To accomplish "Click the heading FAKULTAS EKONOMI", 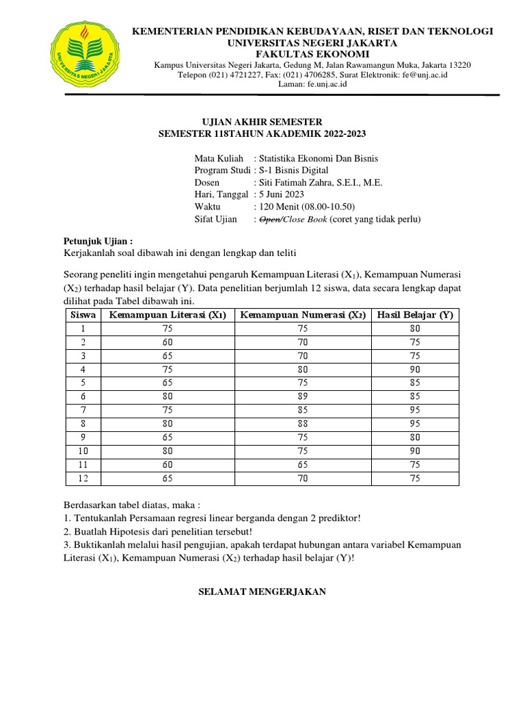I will pos(312,54).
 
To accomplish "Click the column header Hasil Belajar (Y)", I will pos(415,314).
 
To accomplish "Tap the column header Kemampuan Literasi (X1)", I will pos(167,314).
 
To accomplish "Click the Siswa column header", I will pos(83,314).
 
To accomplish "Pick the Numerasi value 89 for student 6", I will pos(303,396).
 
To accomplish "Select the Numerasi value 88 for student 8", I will pos(303,424).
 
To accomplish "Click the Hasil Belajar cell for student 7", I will pos(415,410).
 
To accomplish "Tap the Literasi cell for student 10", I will pos(167,451).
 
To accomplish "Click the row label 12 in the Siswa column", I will pos(83,479).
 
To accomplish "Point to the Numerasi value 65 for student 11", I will pos(303,465).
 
